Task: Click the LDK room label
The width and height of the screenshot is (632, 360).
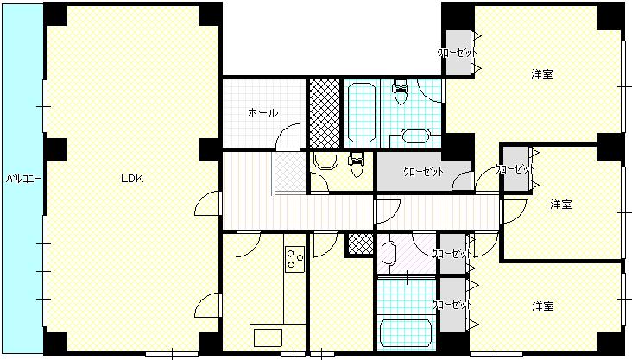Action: click(x=132, y=179)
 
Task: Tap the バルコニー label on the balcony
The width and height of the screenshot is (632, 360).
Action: click(x=23, y=179)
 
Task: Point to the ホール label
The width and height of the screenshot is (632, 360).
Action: click(x=262, y=113)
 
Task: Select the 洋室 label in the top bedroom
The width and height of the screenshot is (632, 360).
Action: click(x=541, y=74)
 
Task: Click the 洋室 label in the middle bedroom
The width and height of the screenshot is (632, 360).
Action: click(x=561, y=205)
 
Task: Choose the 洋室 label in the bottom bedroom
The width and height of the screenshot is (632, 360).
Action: click(x=542, y=306)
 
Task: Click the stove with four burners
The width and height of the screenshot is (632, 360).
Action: click(x=294, y=259)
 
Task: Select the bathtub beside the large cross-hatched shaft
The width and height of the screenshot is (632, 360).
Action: click(x=362, y=112)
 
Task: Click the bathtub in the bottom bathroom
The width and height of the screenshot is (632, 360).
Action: click(x=406, y=333)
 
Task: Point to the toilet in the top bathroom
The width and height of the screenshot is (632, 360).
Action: click(x=401, y=92)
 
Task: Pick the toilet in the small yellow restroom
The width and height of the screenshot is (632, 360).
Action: click(x=357, y=164)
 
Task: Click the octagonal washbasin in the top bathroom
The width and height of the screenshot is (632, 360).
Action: click(x=415, y=136)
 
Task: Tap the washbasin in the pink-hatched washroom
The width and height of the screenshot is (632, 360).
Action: click(x=389, y=253)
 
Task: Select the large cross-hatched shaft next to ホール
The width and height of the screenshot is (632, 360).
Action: click(x=325, y=113)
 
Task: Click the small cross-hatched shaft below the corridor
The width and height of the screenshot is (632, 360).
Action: click(x=360, y=244)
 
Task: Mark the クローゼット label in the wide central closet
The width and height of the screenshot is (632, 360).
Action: click(x=423, y=172)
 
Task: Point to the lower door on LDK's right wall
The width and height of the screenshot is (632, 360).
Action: click(x=208, y=305)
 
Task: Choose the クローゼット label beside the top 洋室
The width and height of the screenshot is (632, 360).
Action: click(x=458, y=53)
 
